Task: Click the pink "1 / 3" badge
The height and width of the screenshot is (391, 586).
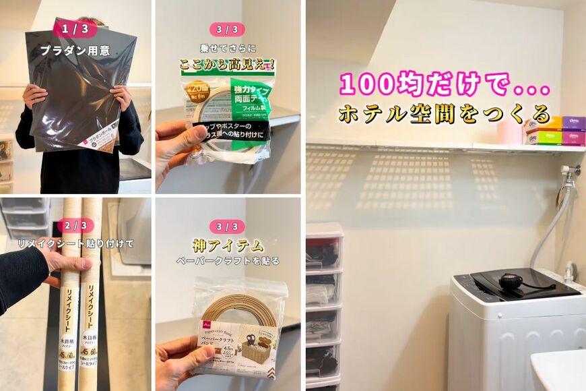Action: click(75, 29)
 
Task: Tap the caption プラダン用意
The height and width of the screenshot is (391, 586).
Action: click(75, 50)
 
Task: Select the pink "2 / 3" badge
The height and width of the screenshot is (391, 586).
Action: click(75, 225)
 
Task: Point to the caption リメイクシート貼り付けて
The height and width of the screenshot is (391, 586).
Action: click(75, 243)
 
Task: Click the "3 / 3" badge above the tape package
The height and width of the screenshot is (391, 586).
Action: click(227, 29)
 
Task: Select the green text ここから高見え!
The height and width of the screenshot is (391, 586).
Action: click(227, 65)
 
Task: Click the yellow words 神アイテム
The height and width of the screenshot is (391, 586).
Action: click(227, 245)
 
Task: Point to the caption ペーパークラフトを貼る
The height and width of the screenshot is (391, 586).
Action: click(227, 260)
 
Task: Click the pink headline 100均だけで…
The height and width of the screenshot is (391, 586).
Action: click(445, 85)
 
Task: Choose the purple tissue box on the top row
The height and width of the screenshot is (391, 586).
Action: click(574, 123)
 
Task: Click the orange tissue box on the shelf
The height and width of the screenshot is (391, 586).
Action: click(550, 123)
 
